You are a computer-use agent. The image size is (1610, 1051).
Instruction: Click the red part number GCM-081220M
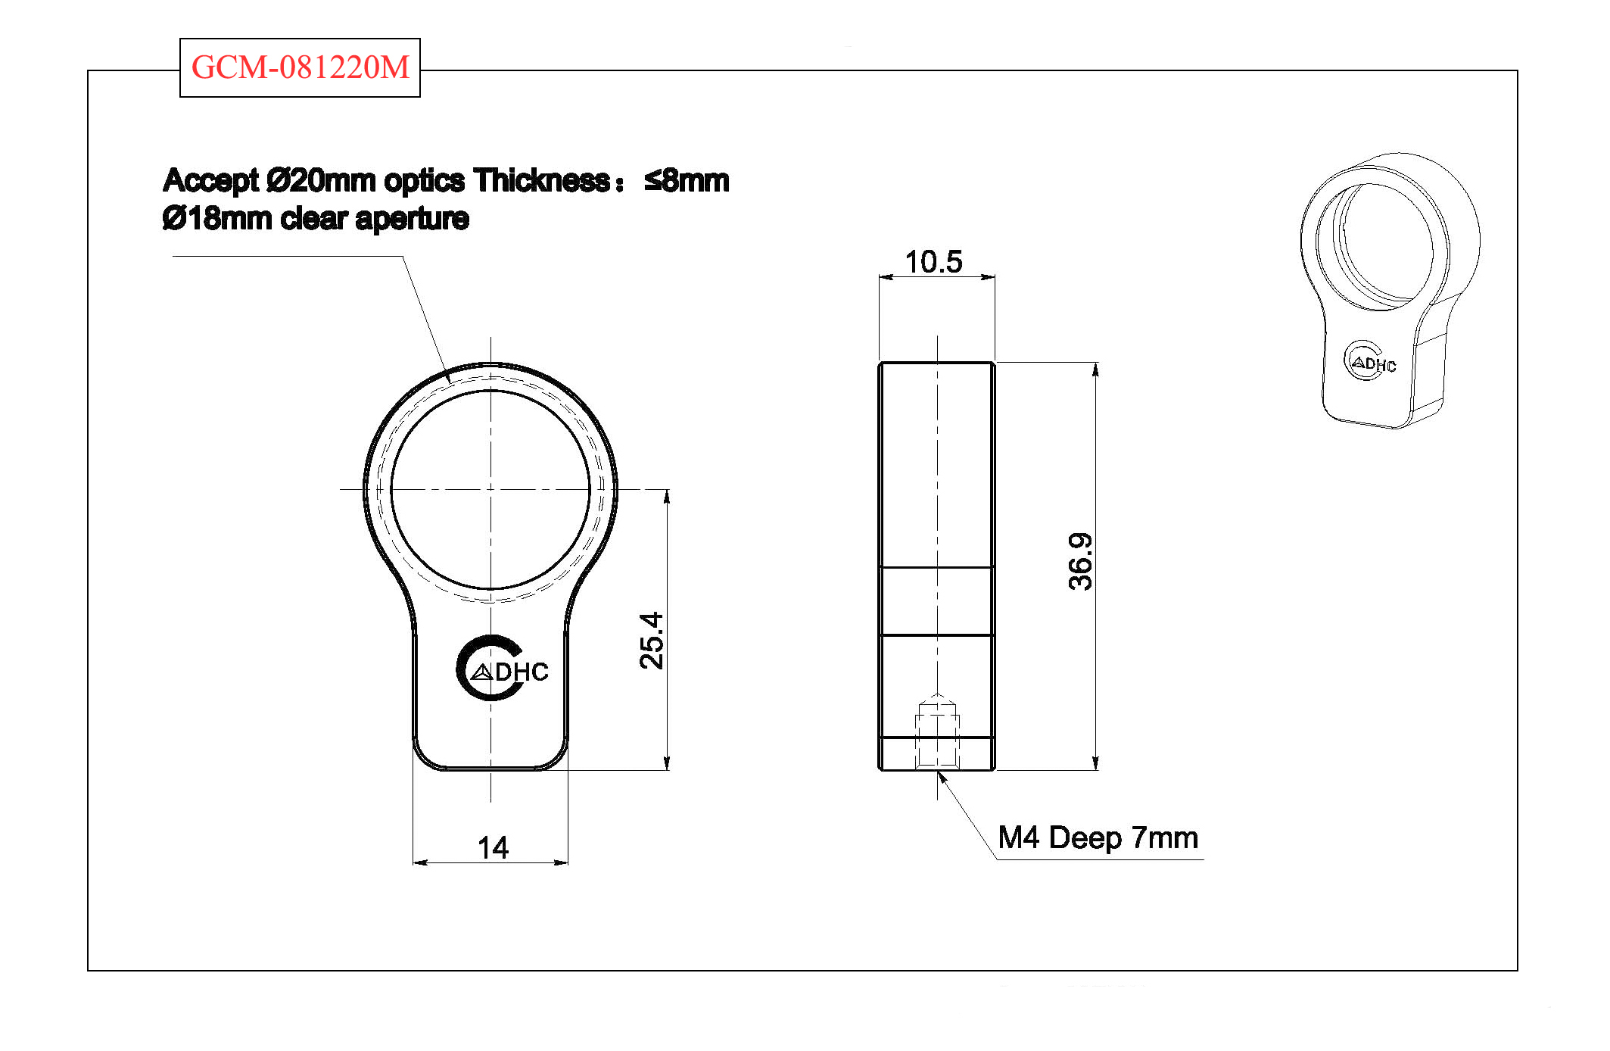click(300, 67)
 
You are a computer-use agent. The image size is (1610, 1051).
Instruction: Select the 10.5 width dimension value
click(934, 262)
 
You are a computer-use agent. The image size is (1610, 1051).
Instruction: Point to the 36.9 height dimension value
click(1081, 561)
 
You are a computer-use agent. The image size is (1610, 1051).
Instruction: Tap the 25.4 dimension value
click(652, 641)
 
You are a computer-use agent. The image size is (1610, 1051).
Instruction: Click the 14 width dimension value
click(493, 847)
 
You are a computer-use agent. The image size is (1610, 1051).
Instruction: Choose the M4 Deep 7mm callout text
click(1098, 837)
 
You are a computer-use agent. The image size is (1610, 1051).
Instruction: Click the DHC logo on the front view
click(502, 669)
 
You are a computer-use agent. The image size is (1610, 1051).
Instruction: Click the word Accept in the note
click(210, 181)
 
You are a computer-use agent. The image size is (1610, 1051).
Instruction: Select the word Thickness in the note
click(542, 181)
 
